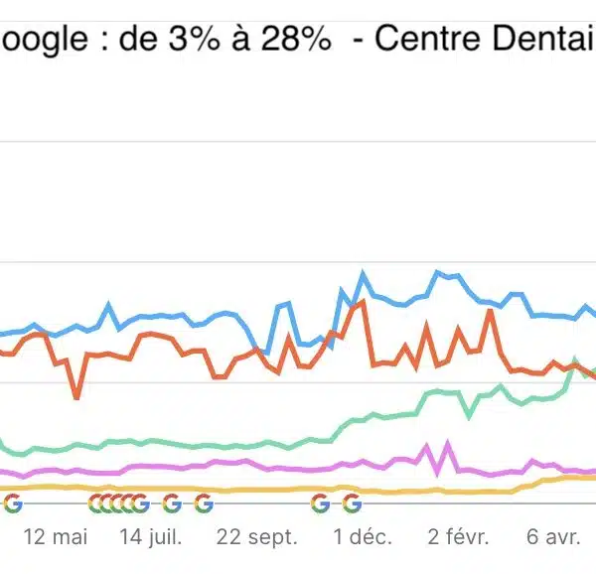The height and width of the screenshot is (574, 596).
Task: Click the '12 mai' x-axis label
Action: click(56, 537)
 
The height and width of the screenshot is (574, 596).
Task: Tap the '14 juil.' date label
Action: click(151, 537)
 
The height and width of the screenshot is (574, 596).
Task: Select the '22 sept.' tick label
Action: click(256, 537)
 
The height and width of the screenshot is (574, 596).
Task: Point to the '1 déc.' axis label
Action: click(362, 537)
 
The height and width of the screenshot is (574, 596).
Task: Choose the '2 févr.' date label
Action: click(459, 537)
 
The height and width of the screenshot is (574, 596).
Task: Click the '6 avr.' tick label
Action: click(553, 537)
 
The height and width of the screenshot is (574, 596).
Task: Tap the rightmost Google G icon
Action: click(351, 503)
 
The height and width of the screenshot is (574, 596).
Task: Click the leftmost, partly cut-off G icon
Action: click(12, 503)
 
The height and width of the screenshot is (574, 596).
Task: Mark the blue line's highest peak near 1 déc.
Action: click(364, 272)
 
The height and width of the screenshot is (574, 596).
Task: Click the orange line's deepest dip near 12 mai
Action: click(76, 397)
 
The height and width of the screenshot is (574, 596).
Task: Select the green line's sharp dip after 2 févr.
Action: click(469, 413)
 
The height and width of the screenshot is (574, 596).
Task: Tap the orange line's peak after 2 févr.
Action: click(490, 312)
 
